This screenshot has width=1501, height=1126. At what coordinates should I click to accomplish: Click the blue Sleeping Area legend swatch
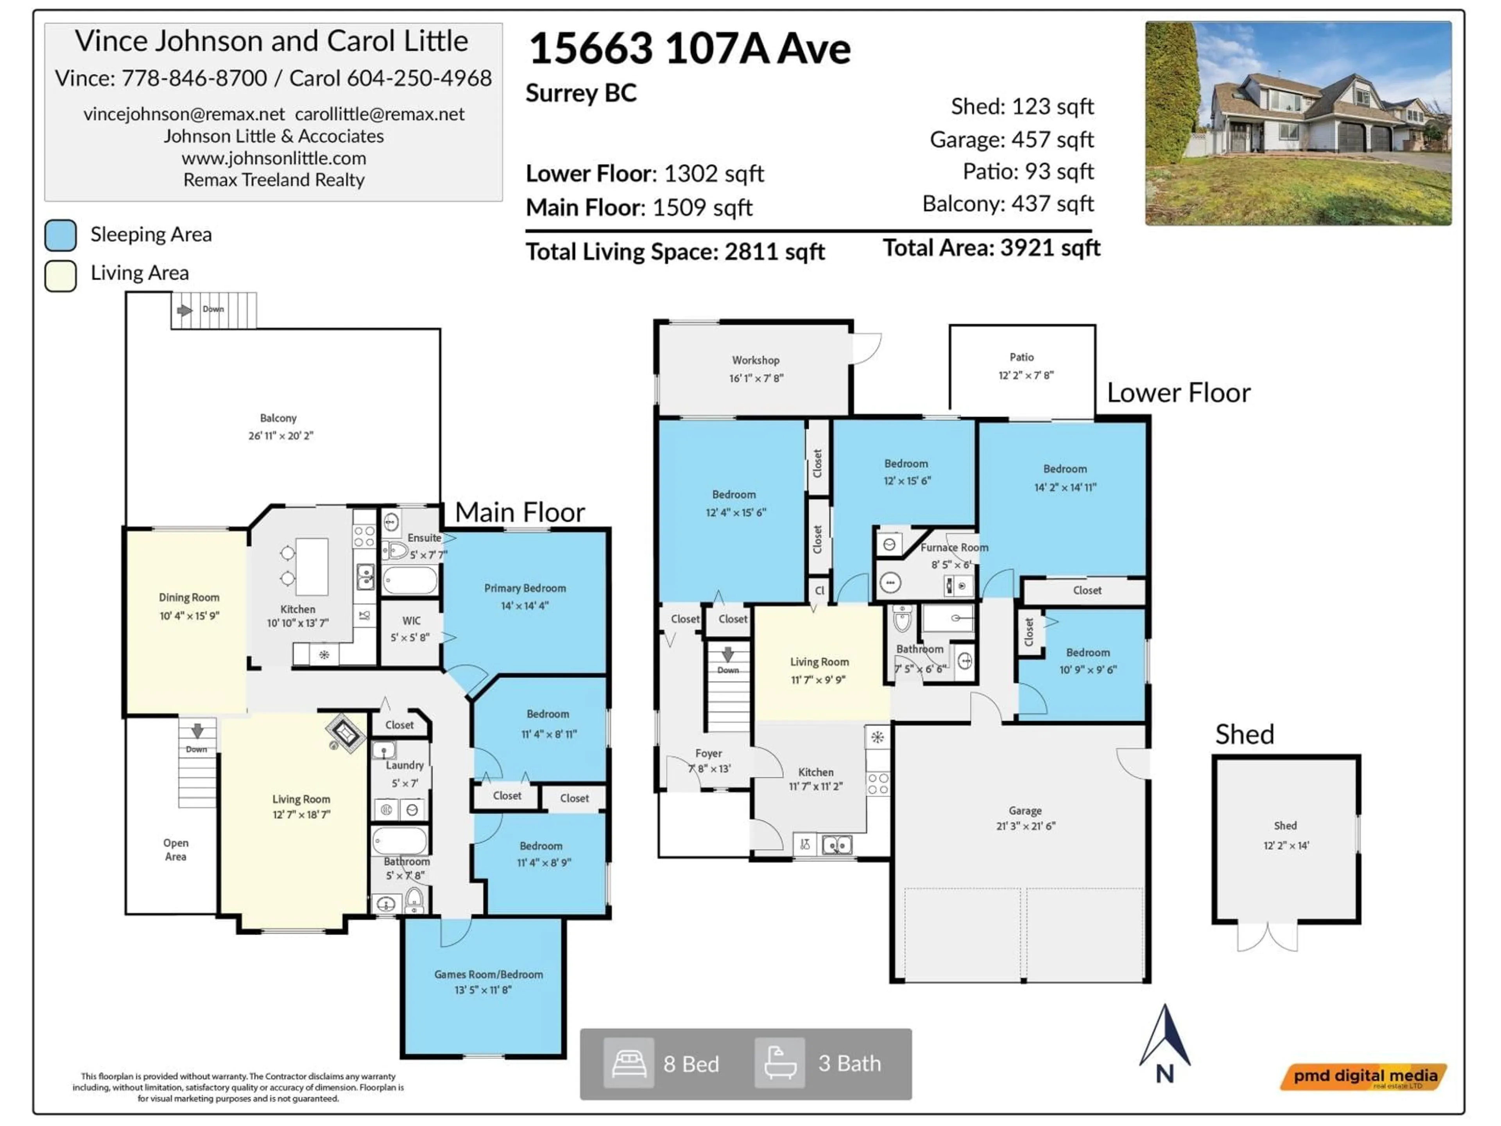(61, 235)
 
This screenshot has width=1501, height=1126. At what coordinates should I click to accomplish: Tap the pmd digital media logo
(1364, 1076)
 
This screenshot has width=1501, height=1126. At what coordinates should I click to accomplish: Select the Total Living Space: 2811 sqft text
(675, 252)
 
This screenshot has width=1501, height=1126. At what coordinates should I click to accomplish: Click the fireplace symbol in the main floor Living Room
(346, 733)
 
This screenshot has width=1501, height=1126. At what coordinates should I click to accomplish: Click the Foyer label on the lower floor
(708, 753)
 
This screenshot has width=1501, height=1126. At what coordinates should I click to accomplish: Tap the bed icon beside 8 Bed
(629, 1063)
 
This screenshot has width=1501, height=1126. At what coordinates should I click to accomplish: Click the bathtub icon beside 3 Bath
(780, 1063)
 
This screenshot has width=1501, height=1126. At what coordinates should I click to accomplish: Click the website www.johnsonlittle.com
(274, 158)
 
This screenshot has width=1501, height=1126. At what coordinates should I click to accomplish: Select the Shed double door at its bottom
(1267, 937)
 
